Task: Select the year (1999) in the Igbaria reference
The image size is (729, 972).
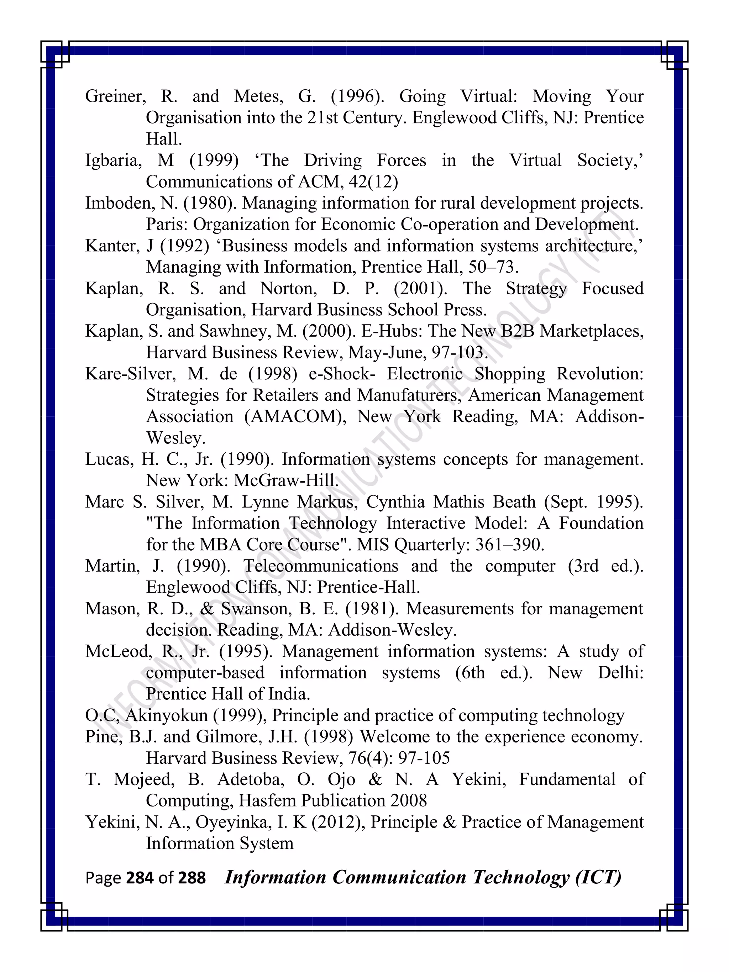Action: [214, 161]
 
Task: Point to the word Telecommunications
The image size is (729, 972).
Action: [321, 566]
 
